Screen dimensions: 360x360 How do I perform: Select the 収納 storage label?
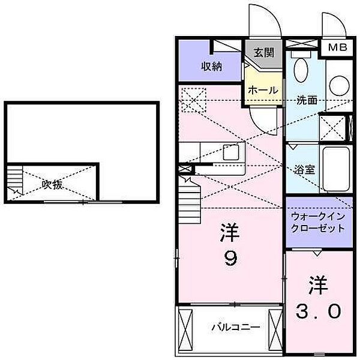click(x=211, y=66)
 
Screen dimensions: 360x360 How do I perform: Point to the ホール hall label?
click(x=263, y=89)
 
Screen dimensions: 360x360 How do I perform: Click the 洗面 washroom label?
click(x=306, y=100)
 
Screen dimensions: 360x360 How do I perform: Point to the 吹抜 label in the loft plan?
click(x=52, y=184)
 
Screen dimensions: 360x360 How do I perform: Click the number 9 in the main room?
click(x=231, y=259)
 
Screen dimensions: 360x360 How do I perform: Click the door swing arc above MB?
click(x=332, y=25)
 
